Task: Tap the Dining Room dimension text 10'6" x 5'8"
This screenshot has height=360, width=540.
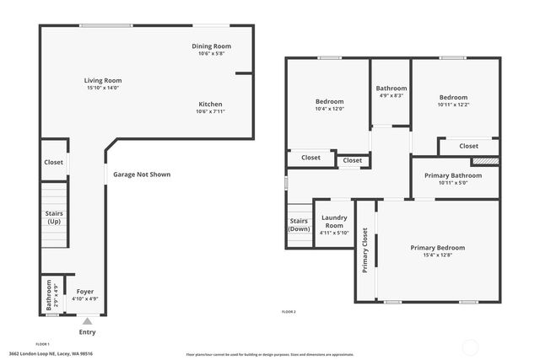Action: (211, 54)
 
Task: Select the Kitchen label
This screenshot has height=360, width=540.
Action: (210, 104)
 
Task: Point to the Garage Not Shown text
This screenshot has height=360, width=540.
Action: (142, 175)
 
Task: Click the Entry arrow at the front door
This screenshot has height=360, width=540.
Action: (87, 321)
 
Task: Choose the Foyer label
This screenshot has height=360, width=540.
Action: (84, 292)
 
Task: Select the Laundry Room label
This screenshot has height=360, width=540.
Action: (334, 222)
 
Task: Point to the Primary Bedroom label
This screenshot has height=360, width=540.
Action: (437, 248)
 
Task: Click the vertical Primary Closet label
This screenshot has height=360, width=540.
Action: (365, 251)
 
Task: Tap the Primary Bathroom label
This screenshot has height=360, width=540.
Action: (453, 175)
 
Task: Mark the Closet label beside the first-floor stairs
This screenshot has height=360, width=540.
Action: (53, 162)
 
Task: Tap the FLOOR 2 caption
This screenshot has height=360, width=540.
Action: (289, 312)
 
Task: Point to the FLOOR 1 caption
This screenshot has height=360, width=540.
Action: (42, 344)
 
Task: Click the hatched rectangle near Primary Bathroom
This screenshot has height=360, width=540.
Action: (484, 159)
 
